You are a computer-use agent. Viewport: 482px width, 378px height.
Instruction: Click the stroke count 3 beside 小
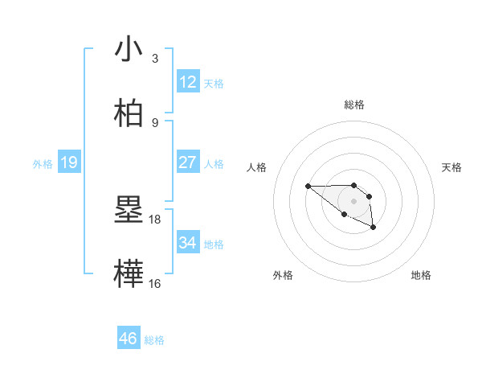[x=155, y=59]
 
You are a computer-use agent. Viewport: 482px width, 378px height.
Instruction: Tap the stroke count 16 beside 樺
[x=155, y=283]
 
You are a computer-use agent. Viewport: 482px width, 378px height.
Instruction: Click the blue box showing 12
[x=188, y=81]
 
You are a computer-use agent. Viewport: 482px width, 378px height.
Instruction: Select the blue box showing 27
[x=188, y=162]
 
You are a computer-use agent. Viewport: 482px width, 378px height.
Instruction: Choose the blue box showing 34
[x=188, y=242]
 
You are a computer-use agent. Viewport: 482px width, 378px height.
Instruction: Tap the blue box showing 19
[x=69, y=163]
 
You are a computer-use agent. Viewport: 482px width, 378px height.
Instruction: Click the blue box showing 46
[x=129, y=339]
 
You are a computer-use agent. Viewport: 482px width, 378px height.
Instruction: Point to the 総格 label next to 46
[x=154, y=340]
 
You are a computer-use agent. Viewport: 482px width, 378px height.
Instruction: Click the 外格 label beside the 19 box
[x=43, y=164]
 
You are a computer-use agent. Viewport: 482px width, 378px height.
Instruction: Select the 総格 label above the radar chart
[x=353, y=105]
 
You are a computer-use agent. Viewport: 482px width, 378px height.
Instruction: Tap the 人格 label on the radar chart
[x=257, y=167]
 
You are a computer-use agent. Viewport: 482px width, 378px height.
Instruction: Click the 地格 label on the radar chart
[x=421, y=275]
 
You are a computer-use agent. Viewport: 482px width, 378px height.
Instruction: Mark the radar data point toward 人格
[x=308, y=187]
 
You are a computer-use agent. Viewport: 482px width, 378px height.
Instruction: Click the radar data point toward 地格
[x=374, y=228]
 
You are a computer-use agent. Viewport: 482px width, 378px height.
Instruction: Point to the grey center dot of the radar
[x=353, y=200]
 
